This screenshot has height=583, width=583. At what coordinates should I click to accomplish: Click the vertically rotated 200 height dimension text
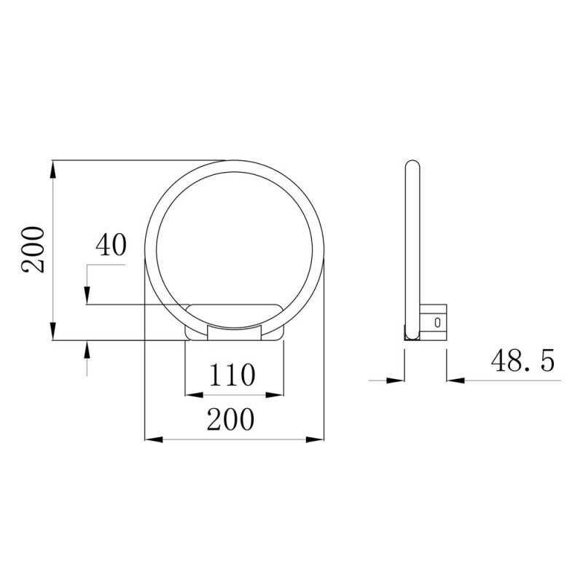click(x=34, y=249)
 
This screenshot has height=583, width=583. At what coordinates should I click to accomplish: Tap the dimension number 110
click(x=233, y=375)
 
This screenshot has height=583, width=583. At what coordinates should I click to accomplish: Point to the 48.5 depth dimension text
click(x=522, y=361)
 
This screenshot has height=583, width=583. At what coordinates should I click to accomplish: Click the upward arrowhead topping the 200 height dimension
click(x=53, y=169)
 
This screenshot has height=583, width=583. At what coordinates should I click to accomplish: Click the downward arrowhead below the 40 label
click(x=87, y=296)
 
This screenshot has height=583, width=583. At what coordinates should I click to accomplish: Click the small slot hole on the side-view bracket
click(x=437, y=321)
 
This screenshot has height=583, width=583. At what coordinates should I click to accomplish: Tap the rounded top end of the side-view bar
click(x=412, y=165)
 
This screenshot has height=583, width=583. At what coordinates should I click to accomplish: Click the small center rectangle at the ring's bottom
click(x=234, y=332)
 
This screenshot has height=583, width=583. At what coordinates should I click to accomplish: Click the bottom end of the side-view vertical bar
click(x=412, y=336)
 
